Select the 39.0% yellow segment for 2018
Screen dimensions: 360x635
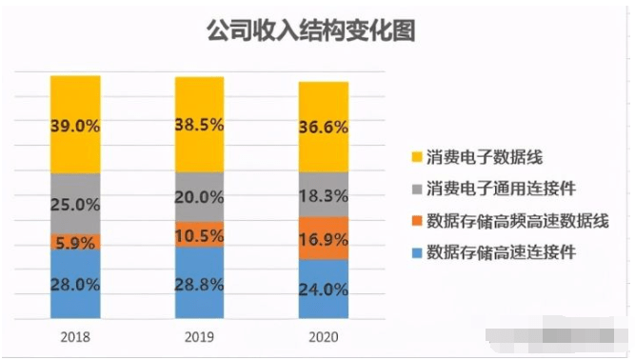(x=76, y=125)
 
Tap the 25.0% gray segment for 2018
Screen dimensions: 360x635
(x=76, y=203)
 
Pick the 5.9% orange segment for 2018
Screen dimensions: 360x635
(x=76, y=242)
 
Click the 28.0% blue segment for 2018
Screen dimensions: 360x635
(x=76, y=283)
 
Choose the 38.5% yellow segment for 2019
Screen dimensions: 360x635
(x=200, y=125)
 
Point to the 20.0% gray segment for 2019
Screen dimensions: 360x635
(x=200, y=197)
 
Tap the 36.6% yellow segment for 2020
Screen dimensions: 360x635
(x=324, y=127)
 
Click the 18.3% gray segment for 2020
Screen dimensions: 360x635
(x=324, y=194)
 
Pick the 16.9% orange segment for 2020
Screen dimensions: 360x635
(x=324, y=237)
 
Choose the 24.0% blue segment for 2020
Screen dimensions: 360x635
(x=324, y=287)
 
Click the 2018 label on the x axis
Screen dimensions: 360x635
(x=75, y=336)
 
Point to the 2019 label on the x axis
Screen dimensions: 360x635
(x=199, y=336)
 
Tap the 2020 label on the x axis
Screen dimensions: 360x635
(x=323, y=336)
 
